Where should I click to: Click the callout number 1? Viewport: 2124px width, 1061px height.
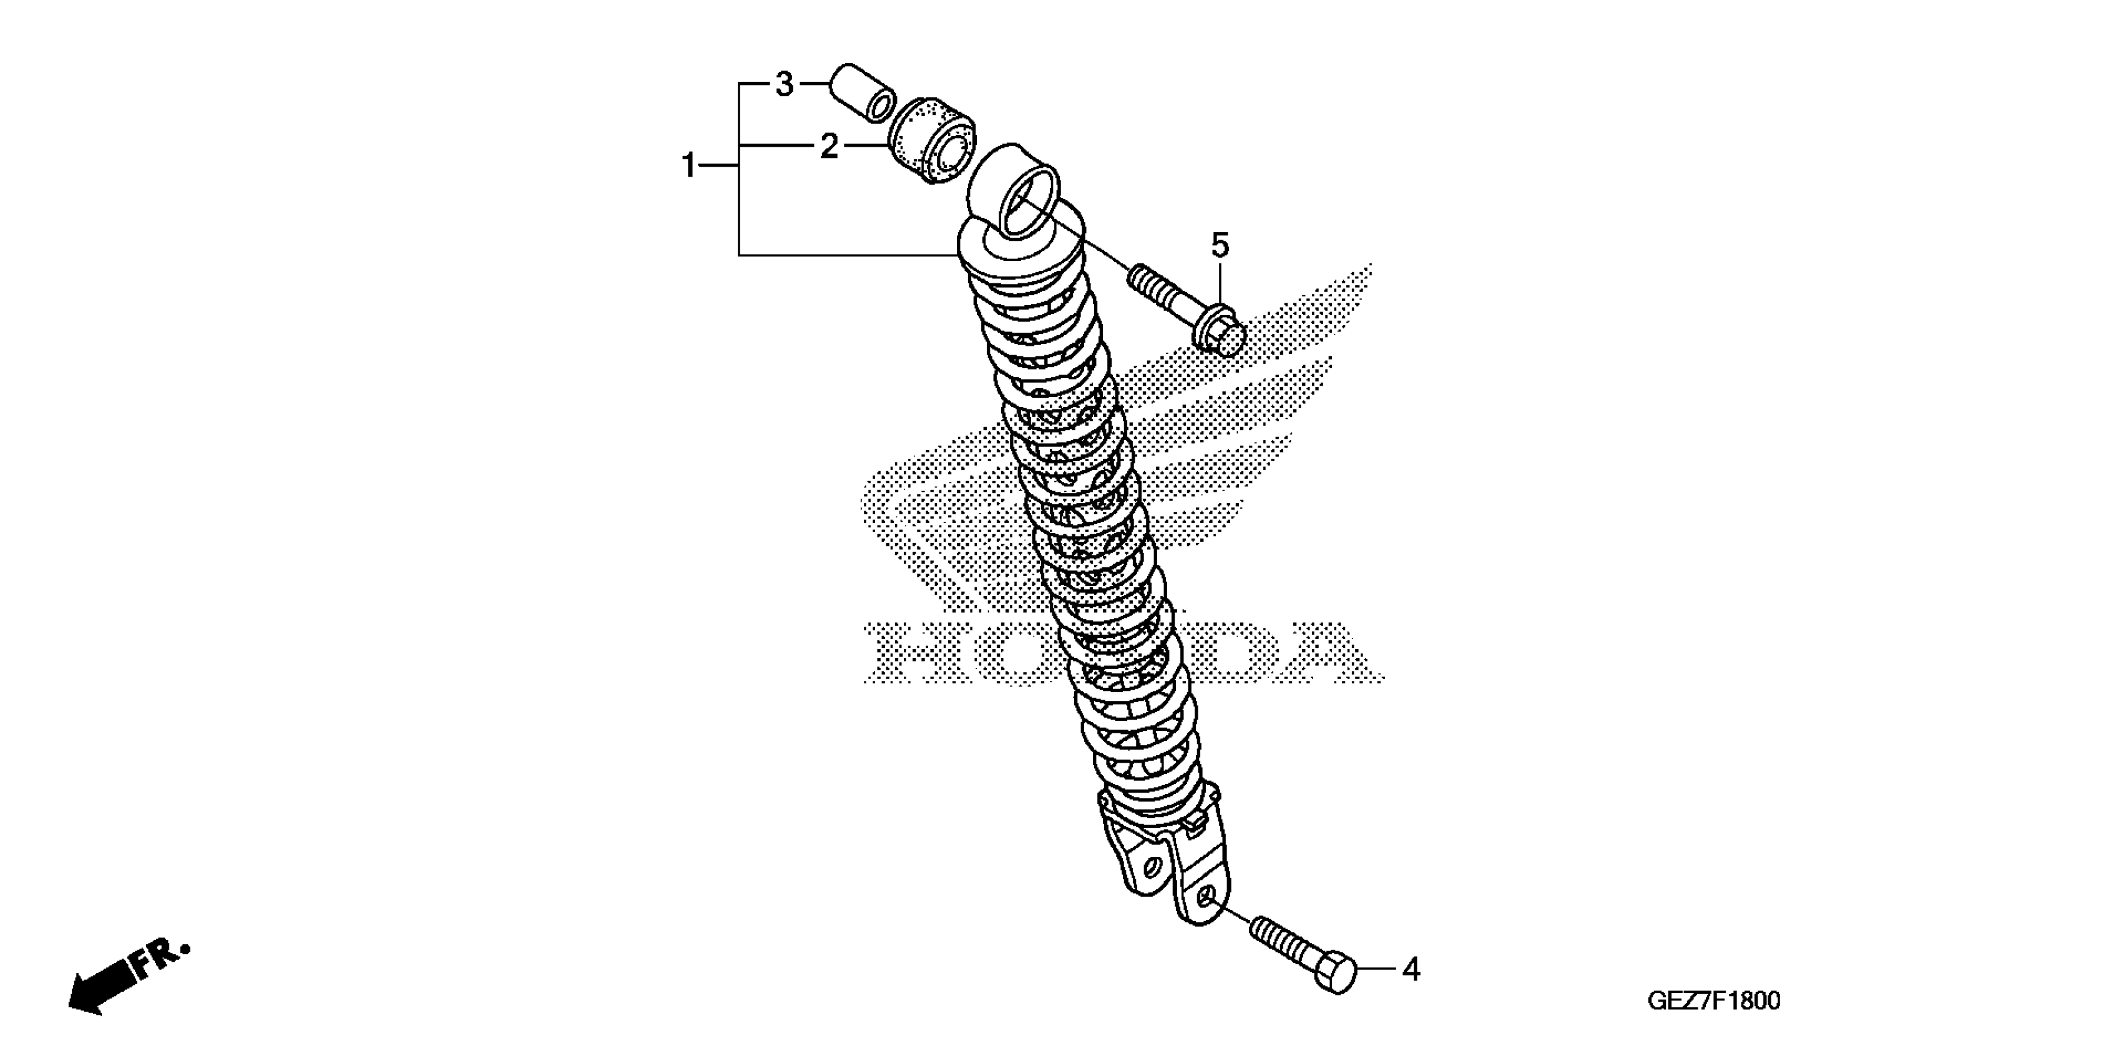[688, 167]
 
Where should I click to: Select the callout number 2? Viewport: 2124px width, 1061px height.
[829, 147]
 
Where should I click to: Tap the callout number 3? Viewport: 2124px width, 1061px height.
[784, 84]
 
